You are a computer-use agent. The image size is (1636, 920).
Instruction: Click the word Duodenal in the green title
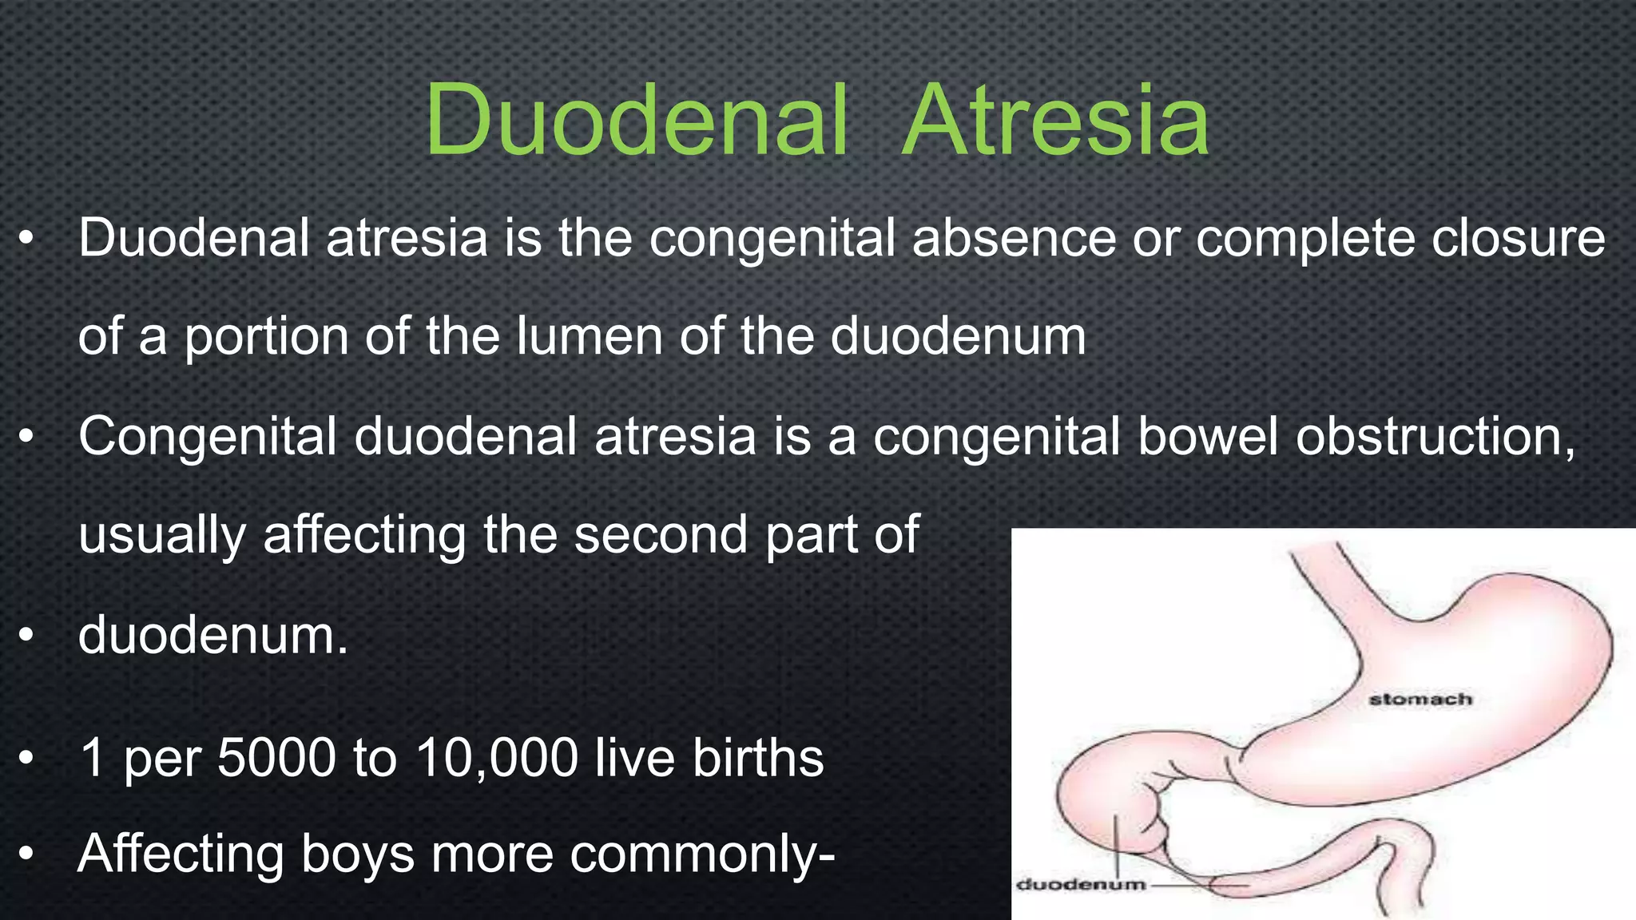(636, 121)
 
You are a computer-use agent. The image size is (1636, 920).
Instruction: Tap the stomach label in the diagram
(1420, 700)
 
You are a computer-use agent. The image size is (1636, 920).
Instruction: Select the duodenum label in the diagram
(1081, 884)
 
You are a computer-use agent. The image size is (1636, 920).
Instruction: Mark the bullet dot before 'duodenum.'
(27, 636)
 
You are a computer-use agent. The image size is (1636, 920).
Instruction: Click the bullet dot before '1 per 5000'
(27, 759)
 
